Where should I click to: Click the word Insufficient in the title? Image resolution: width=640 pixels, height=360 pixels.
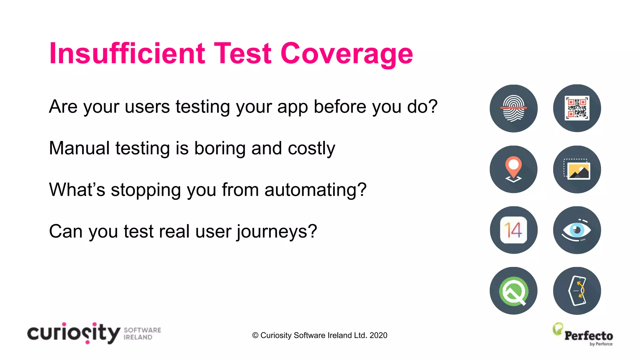pyautogui.click(x=127, y=54)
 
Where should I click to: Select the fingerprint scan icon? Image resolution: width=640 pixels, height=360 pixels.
pyautogui.click(x=513, y=108)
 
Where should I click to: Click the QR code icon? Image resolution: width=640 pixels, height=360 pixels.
pyautogui.click(x=577, y=108)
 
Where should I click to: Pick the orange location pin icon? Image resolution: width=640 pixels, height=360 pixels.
pyautogui.click(x=513, y=169)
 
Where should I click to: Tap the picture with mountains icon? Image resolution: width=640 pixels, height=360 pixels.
pyautogui.click(x=577, y=169)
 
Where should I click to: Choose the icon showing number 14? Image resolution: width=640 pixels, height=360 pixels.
pyautogui.click(x=513, y=230)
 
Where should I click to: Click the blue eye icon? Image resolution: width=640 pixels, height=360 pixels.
pyautogui.click(x=577, y=230)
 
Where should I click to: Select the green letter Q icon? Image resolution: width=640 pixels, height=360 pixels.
pyautogui.click(x=513, y=291)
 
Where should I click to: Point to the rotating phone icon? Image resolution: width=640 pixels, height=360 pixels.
pyautogui.click(x=577, y=291)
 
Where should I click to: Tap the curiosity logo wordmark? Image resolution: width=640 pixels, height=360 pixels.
pyautogui.click(x=74, y=333)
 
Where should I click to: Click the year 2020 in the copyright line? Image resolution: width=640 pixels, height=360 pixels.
pyautogui.click(x=378, y=335)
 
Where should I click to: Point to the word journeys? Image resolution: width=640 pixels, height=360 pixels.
pyautogui.click(x=277, y=232)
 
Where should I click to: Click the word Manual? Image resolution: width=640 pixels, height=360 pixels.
pyautogui.click(x=79, y=148)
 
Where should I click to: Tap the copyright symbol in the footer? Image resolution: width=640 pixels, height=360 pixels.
pyautogui.click(x=255, y=335)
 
